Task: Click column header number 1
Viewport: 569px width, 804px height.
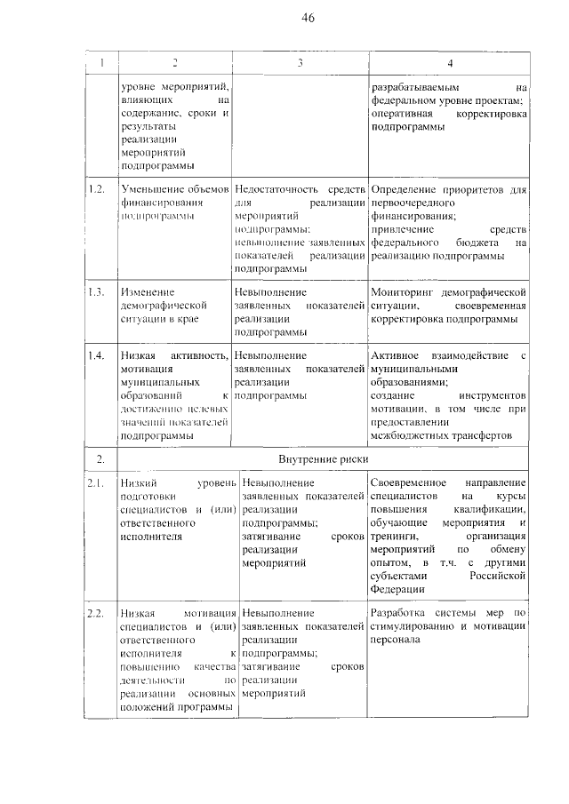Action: coord(102,63)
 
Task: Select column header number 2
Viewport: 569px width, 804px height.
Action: coord(175,63)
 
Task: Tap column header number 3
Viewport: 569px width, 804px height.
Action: coord(301,63)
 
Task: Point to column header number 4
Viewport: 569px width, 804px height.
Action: coord(450,63)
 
